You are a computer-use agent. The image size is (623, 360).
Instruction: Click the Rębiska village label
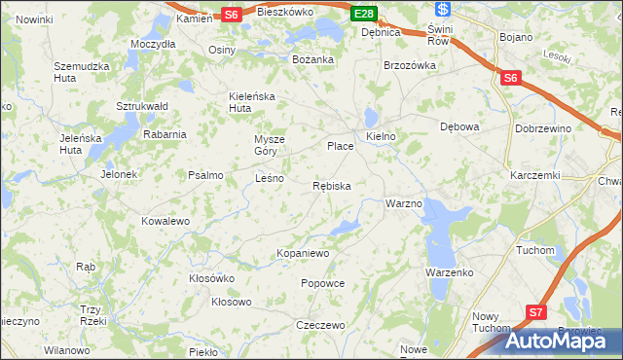pos(332,185)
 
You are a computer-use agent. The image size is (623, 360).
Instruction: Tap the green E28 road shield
pos(364,14)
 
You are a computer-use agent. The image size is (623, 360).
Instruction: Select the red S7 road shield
pos(536,311)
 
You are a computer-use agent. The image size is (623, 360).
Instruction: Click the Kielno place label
pos(381,137)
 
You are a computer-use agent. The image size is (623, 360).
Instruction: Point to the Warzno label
pos(403,204)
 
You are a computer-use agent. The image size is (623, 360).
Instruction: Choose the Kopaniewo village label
pos(304,253)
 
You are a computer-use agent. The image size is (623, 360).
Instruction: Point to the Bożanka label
pos(313,59)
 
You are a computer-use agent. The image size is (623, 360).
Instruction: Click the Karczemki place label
pos(535,175)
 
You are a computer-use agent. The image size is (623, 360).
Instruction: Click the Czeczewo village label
pos(320,325)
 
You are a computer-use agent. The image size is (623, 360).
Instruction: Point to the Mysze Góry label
pos(270,145)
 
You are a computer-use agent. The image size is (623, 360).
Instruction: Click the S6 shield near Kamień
pos(231,15)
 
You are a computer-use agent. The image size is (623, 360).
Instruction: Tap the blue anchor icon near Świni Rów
pos(443,10)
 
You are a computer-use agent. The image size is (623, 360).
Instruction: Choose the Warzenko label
pos(449,272)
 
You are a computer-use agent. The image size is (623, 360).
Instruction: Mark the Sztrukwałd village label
pos(143,106)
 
